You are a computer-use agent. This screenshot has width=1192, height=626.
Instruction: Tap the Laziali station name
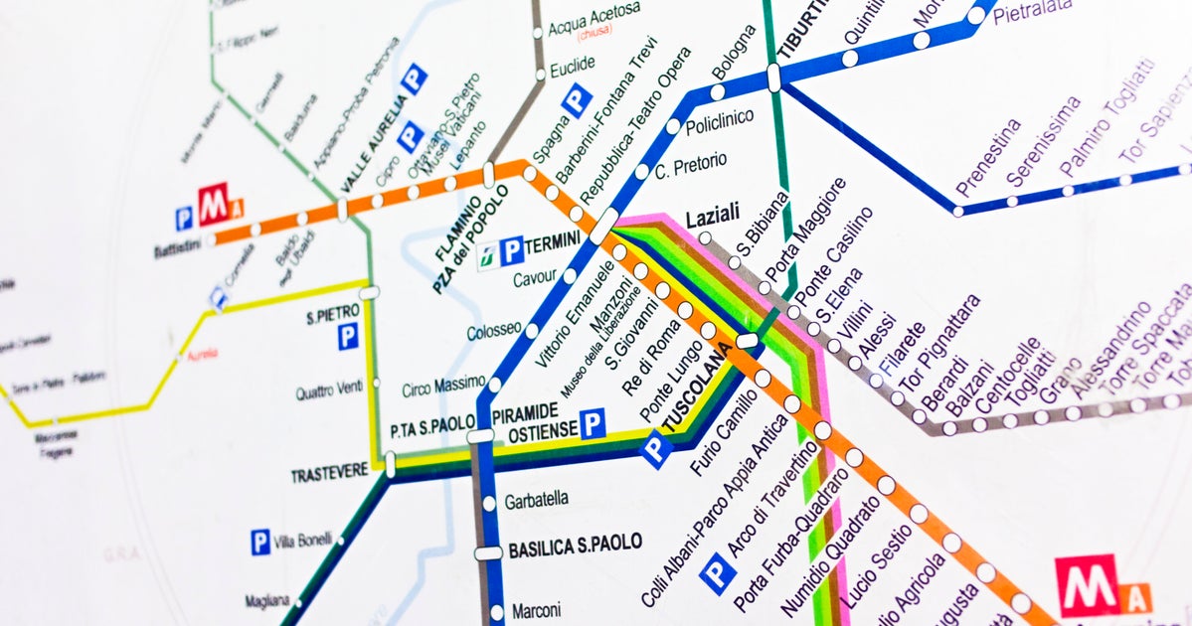[713, 216]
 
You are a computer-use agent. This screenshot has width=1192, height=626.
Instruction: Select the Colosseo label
[493, 329]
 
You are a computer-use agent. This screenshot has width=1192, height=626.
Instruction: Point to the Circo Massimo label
[443, 387]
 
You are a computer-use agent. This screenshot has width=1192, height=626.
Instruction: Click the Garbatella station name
[537, 500]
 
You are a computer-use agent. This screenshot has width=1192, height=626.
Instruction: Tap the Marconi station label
[536, 610]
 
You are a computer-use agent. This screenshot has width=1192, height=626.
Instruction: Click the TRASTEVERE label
[329, 475]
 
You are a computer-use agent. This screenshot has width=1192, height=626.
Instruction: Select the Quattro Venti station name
[329, 391]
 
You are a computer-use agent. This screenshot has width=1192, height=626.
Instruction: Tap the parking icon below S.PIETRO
[347, 338]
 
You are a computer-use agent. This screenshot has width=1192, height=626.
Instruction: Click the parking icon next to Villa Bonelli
[259, 542]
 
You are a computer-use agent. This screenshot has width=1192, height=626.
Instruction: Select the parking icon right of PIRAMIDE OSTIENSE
[593, 424]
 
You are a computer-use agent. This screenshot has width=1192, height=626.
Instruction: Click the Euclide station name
[572, 64]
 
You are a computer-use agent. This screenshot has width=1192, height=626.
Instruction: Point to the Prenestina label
[987, 158]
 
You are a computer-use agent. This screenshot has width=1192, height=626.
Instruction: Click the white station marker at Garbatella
[488, 503]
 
